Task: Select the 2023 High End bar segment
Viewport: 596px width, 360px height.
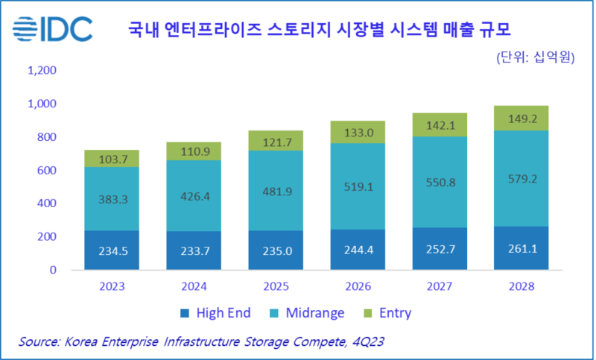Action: [111, 250]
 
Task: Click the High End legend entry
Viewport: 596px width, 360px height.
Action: [217, 313]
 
